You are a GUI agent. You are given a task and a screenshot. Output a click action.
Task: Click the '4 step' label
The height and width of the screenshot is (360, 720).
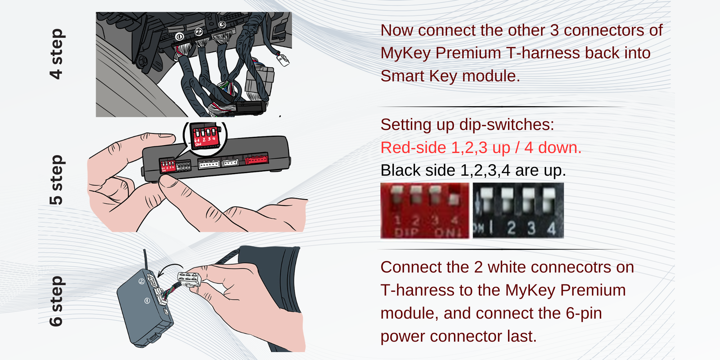[57, 54]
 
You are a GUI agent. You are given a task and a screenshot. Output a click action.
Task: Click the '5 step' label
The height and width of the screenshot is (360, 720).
[57, 180]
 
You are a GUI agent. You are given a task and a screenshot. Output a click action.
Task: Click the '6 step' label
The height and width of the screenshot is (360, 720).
[57, 301]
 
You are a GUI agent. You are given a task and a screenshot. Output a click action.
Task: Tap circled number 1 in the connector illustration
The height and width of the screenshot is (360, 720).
[179, 36]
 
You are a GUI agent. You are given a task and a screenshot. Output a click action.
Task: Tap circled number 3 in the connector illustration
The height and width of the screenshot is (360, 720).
[222, 25]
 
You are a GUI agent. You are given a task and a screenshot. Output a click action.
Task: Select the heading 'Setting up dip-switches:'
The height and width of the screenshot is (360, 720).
[467, 125]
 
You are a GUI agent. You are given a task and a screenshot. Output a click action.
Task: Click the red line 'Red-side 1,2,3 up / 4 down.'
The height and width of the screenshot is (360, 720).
[481, 148]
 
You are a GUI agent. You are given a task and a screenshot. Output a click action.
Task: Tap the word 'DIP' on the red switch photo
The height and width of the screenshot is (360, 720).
[407, 233]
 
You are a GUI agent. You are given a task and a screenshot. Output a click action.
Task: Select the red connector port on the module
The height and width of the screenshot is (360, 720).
[256, 159]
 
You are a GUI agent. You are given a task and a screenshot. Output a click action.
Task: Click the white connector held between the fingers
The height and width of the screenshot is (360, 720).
[188, 279]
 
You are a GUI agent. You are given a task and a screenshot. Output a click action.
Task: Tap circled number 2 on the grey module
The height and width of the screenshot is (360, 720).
[141, 281]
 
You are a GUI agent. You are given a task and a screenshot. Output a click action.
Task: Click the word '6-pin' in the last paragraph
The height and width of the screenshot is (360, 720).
[584, 313]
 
